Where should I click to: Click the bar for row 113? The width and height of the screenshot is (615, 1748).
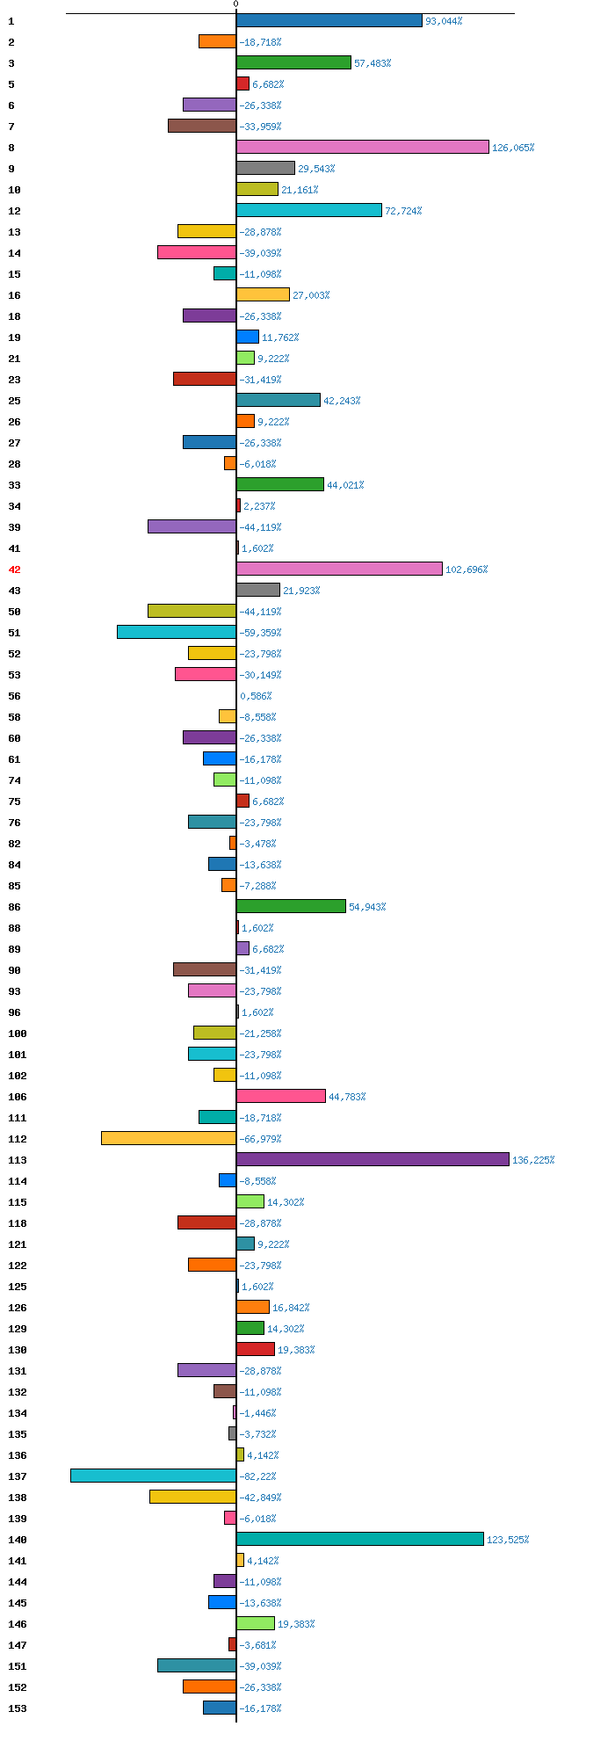373,1159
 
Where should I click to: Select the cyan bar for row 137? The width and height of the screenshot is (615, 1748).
154,1476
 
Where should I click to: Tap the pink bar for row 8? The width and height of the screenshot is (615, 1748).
362,147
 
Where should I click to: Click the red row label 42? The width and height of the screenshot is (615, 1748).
15,569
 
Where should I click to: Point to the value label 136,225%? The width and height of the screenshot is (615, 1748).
533,1160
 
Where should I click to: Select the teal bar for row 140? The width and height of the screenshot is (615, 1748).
360,1539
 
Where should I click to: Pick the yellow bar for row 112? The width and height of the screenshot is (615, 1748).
169,1138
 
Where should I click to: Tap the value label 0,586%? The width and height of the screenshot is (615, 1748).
257,696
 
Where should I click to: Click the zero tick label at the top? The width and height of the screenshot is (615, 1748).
235,4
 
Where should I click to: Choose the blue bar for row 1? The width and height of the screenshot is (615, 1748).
329,20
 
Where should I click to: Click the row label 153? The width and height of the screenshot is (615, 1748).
18,1708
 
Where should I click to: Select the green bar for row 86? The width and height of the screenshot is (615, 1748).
291,906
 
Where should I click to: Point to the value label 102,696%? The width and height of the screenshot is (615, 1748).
467,569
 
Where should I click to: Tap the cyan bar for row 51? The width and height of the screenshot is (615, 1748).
177,632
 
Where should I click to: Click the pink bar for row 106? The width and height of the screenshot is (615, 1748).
281,1096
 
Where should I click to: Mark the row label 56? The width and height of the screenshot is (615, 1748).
15,696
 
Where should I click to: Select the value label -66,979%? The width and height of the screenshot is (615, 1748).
260,1139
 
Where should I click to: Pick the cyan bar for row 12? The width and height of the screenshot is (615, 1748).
309,210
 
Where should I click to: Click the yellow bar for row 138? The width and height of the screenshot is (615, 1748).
192,1497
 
